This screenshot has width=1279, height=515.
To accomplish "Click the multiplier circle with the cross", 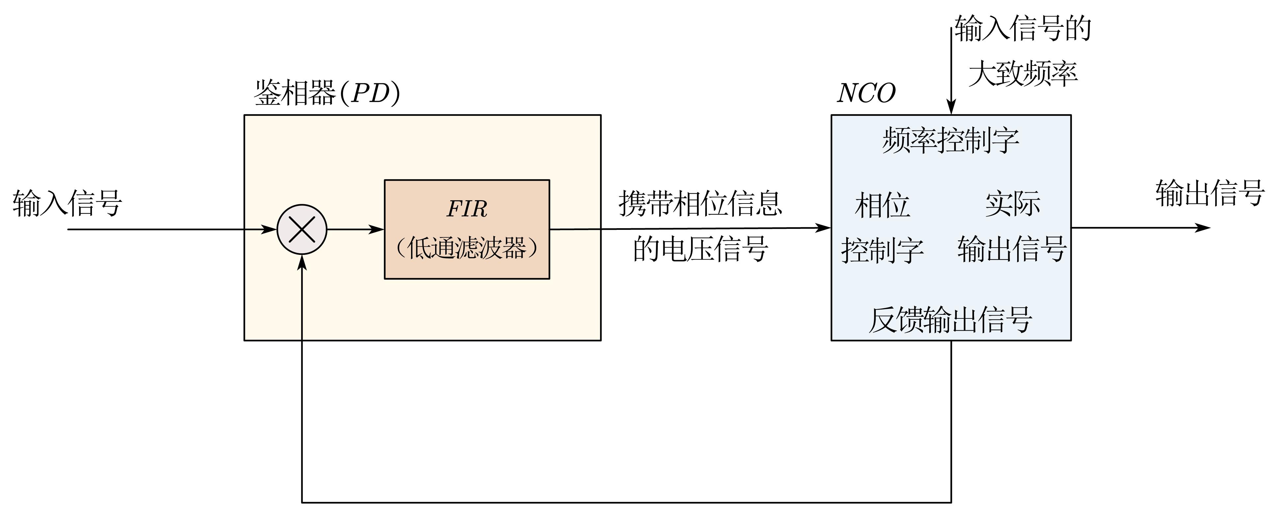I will click(x=302, y=229).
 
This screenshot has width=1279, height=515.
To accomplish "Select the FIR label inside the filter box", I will click(x=467, y=208).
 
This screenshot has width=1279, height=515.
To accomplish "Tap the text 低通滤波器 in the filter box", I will click(x=467, y=248).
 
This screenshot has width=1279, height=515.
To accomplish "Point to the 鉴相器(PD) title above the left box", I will click(x=327, y=93).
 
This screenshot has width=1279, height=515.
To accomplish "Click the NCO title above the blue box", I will click(x=866, y=93).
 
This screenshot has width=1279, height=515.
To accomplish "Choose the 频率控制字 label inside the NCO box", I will click(x=950, y=140).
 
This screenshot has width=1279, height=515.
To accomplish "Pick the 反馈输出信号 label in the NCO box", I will click(x=950, y=320).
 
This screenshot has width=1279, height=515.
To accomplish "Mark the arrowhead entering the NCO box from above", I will click(x=951, y=108).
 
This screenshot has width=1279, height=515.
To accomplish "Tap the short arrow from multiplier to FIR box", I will click(x=355, y=229).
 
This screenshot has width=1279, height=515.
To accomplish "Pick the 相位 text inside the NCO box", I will click(x=882, y=205).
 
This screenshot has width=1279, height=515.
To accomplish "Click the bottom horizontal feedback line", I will click(x=626, y=502).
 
